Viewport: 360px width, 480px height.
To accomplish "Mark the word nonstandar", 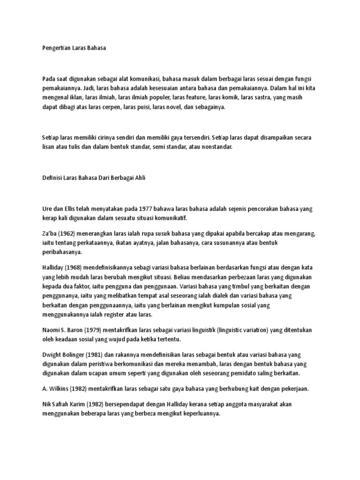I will (x=216, y=147).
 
